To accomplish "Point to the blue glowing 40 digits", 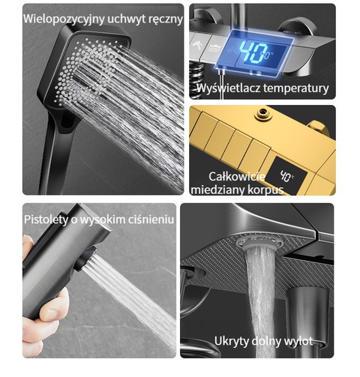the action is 253,52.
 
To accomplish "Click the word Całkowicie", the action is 237,176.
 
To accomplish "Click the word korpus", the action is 265,190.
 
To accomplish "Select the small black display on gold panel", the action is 286,175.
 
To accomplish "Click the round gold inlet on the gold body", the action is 262,113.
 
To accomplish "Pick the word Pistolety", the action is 46,220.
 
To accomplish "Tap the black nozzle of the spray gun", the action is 85,259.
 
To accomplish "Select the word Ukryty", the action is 231,341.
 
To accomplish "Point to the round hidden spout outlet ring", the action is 260,242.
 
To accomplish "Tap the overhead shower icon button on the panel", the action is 214,47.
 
